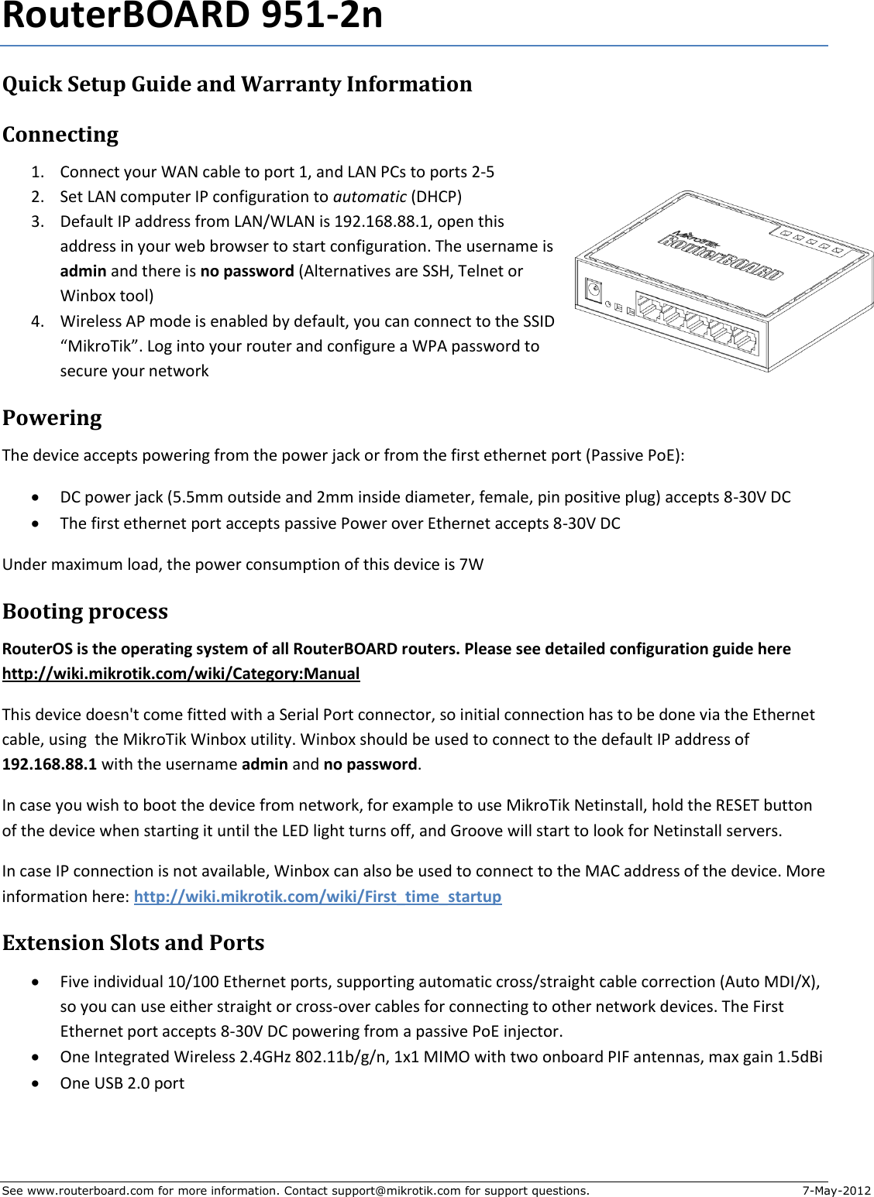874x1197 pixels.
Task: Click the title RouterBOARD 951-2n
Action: (x=192, y=17)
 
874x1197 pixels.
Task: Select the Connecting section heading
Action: (x=60, y=135)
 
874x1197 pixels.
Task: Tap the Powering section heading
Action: (x=52, y=418)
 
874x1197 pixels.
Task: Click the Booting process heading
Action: (x=85, y=612)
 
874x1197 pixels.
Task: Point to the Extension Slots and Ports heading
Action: (x=133, y=943)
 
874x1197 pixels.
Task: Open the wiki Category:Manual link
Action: (x=181, y=674)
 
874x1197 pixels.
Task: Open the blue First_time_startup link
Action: (x=318, y=897)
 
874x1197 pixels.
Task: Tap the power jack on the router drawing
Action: (x=594, y=291)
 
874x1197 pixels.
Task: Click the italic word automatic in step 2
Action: (x=370, y=197)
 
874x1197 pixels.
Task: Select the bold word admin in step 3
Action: (x=83, y=271)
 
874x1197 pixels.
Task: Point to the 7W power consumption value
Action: (x=471, y=564)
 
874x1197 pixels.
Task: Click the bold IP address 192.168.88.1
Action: (x=50, y=764)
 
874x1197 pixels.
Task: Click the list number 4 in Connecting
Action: (x=37, y=321)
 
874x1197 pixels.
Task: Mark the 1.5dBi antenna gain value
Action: (x=800, y=1057)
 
